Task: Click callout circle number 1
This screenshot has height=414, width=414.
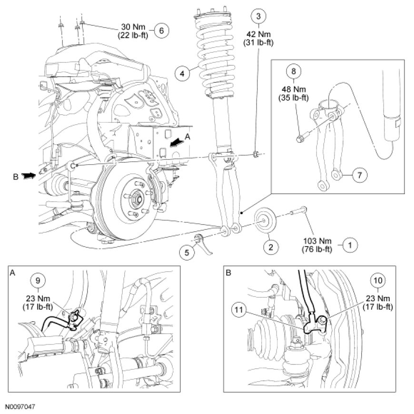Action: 351,246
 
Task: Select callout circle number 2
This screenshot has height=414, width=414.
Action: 270,247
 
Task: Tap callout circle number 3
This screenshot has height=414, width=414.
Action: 258,16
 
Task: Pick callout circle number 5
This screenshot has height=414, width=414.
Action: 187,253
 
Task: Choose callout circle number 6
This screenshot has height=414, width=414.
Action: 161,30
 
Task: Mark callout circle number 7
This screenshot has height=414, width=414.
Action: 360,175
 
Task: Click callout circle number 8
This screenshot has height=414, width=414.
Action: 294,72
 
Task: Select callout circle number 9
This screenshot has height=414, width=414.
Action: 38,280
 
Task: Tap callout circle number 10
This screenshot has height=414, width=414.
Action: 379,281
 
